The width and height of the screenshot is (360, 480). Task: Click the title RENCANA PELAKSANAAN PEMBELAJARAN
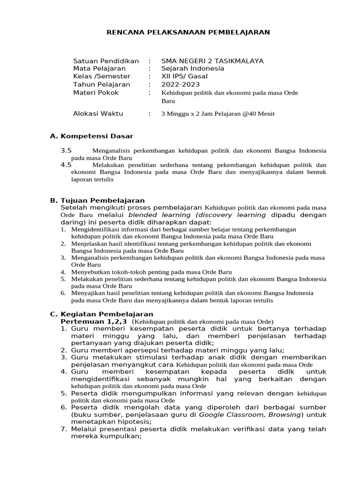click(188, 32)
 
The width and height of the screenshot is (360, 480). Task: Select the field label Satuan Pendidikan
click(106, 61)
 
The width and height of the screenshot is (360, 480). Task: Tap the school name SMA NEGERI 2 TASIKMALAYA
click(212, 61)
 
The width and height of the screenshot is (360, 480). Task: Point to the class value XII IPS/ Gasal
click(184, 76)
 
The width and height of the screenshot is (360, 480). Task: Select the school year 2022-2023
click(180, 84)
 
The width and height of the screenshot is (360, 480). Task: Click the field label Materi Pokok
click(96, 92)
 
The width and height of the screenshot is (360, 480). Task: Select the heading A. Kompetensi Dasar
click(91, 136)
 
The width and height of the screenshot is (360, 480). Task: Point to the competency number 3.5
click(66, 150)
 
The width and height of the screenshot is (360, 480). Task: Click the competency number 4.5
click(66, 165)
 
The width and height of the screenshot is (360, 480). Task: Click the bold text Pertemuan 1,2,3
click(94, 322)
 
